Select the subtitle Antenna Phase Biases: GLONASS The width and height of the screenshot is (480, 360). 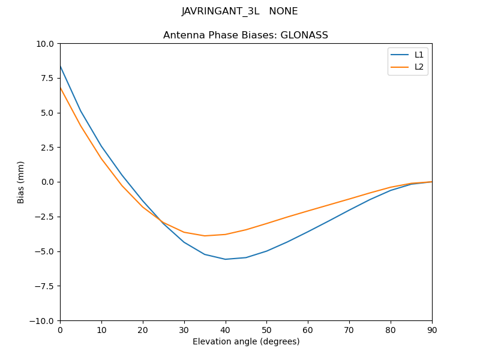coord(245,35)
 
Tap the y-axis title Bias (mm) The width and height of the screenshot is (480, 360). coord(21,182)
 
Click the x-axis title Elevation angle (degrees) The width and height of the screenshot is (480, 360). coord(245,341)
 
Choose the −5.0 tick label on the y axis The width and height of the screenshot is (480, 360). coord(44,251)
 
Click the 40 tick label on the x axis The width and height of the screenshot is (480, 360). coord(225,329)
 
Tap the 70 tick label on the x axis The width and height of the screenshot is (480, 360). coord(349,329)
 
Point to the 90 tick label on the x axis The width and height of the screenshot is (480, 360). coord(431,329)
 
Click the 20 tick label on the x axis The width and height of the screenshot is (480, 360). coord(143,329)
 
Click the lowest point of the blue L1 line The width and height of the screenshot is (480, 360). coord(226,259)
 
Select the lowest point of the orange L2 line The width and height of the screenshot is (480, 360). coord(205,236)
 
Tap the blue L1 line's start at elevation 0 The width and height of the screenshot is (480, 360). coord(60,66)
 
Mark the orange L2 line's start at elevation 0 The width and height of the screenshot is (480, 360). coord(60,88)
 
